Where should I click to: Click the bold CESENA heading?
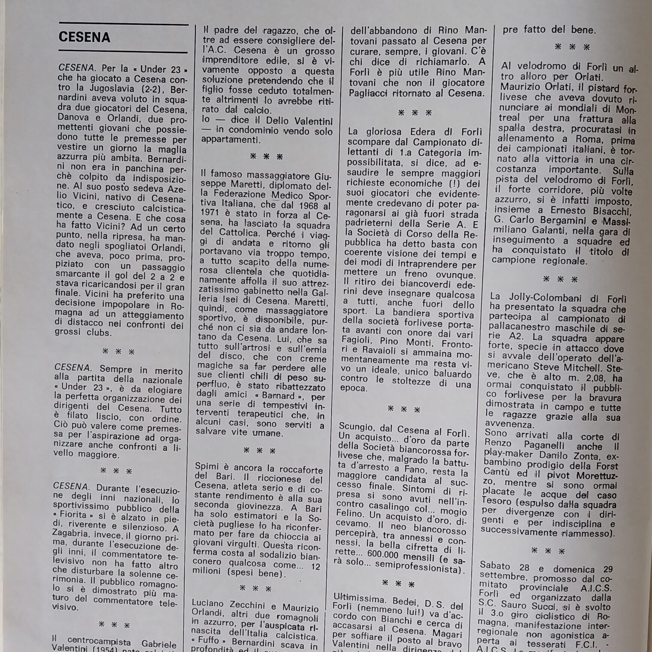click(x=84, y=37)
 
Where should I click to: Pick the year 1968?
click(x=308, y=205)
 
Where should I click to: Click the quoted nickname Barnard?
click(x=279, y=396)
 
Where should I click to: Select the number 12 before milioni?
click(x=316, y=567)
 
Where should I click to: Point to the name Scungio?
click(x=356, y=427)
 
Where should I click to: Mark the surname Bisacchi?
click(x=610, y=212)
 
